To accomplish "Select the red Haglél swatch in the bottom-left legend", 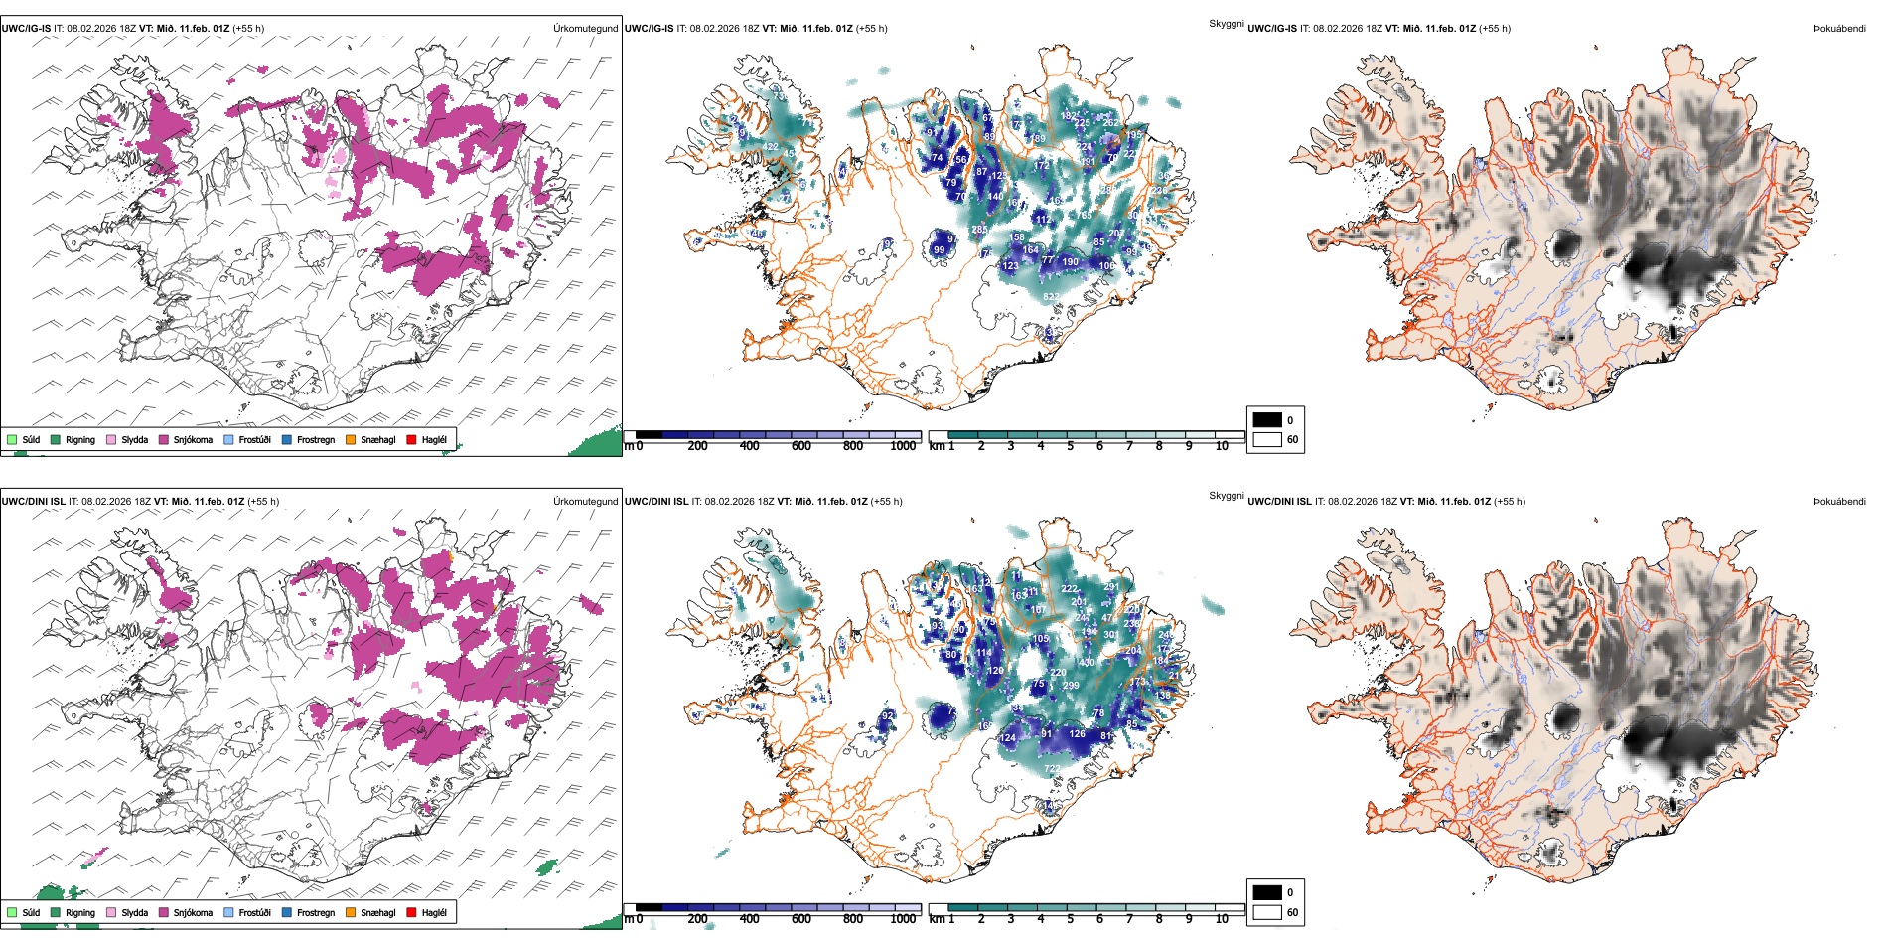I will click(411, 912).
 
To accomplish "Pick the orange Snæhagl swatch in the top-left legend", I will click(351, 440).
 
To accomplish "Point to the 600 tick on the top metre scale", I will click(800, 446).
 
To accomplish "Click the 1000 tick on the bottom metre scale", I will click(903, 919).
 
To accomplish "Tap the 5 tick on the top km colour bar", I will click(1070, 446).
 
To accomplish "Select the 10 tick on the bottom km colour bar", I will click(1222, 919).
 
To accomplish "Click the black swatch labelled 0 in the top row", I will click(1267, 420).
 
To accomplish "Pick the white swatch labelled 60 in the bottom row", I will click(1267, 912).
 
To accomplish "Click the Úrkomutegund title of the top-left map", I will click(585, 29).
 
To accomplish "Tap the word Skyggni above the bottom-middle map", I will click(1226, 496).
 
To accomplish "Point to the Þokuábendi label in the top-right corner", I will click(1839, 29).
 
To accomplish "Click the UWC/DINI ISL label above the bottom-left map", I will click(33, 501).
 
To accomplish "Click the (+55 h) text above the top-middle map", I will click(871, 29).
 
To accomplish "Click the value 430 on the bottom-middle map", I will click(1087, 662).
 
